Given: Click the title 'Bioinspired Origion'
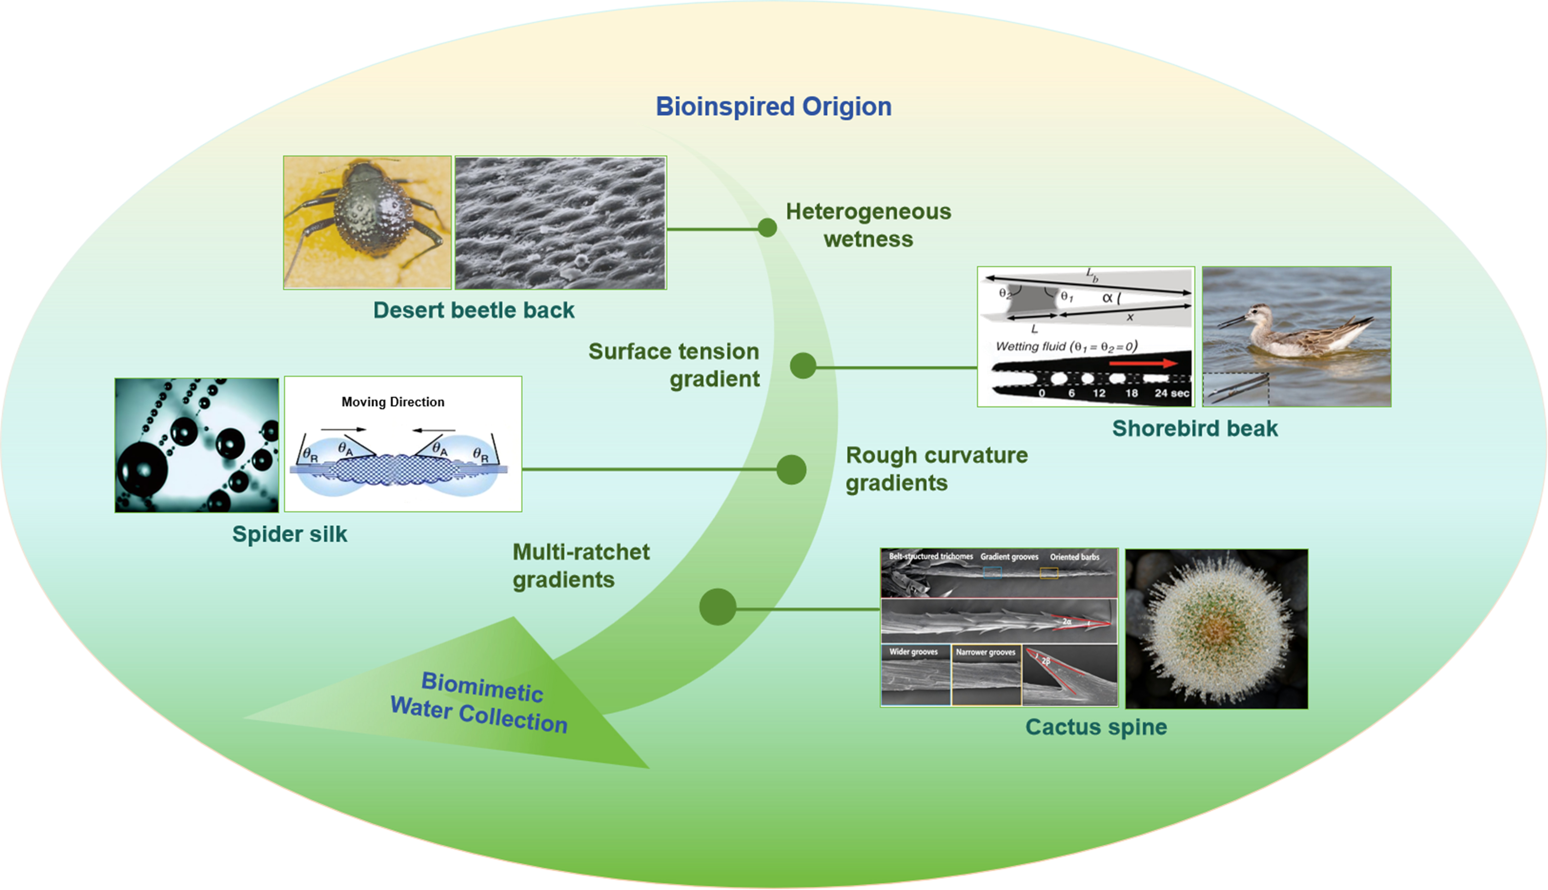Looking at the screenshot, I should pos(773,106).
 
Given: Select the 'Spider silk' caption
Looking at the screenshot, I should pos(289,534).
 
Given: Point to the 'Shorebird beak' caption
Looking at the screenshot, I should pos(1194,428).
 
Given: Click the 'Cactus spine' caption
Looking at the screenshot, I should pos(1096,727).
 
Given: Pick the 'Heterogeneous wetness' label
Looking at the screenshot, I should pos(868,225).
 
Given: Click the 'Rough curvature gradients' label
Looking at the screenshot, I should pos(936,469).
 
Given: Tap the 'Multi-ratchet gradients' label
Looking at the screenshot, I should pos(580,565).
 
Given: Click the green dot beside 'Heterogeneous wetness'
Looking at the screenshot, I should pos(767,228).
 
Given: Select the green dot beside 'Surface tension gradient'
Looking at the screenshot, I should pos(803,366).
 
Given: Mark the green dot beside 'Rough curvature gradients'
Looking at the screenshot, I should pos(791,469).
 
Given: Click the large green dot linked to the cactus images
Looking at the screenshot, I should pos(718,607).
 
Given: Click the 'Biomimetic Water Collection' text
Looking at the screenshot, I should pos(480,703).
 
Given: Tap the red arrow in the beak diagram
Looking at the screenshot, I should pos(1142,364).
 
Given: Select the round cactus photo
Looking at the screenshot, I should pos(1216,628).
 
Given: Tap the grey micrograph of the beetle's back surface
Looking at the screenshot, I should pos(560,223).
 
